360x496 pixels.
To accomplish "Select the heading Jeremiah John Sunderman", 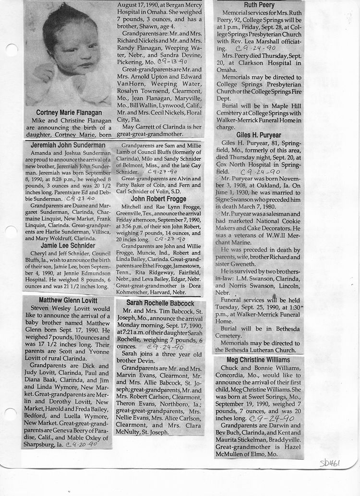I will coord(68,145).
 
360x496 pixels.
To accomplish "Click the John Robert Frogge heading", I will coord(159,198).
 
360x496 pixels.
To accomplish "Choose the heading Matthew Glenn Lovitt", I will coord(67,301).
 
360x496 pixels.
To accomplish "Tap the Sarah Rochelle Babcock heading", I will coord(160,303).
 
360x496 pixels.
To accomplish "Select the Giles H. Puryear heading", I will coord(259,135).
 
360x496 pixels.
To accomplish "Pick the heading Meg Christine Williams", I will coord(259,360).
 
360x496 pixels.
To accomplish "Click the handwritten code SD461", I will coord(330,463).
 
